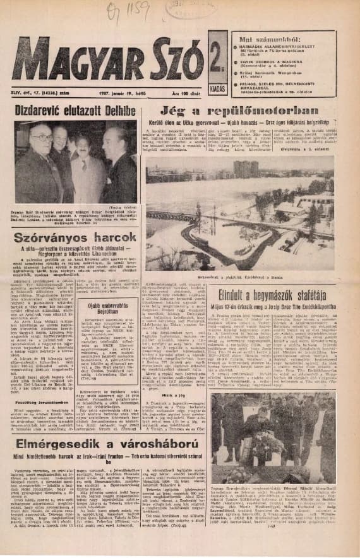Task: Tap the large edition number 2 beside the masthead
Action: click(x=217, y=59)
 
